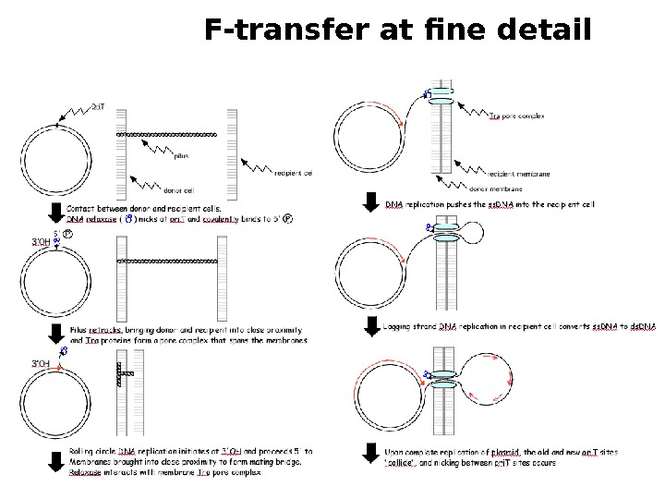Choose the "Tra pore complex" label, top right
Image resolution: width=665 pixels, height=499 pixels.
pyautogui.click(x=516, y=118)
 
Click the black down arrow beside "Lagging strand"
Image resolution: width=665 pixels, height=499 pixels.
pyautogui.click(x=371, y=326)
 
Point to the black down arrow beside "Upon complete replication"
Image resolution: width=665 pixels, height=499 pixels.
pyautogui.click(x=371, y=456)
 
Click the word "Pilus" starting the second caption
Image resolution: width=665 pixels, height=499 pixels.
pyautogui.click(x=79, y=329)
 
